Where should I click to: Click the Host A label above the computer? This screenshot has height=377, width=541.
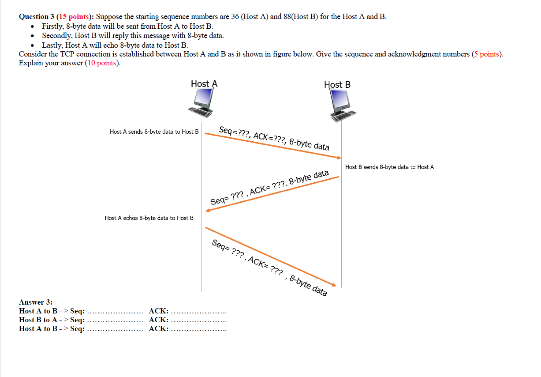(x=204, y=84)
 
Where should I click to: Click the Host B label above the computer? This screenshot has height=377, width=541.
(x=337, y=85)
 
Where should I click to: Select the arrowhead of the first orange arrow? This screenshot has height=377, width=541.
(x=339, y=158)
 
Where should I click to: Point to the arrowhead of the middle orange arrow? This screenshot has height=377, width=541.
(x=208, y=211)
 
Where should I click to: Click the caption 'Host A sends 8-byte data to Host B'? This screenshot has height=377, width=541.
(x=154, y=132)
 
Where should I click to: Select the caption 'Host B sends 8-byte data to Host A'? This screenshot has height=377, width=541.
(x=389, y=167)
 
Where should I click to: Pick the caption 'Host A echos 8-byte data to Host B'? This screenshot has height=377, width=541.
(x=149, y=218)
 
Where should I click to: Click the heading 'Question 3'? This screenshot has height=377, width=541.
(x=36, y=17)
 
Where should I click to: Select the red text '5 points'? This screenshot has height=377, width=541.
(x=486, y=54)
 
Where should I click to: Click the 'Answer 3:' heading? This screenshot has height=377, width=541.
(x=36, y=302)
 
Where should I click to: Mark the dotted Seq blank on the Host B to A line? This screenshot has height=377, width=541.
(x=115, y=320)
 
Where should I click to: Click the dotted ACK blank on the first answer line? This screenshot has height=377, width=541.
(x=199, y=312)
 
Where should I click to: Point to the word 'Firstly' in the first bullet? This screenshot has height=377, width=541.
(x=52, y=26)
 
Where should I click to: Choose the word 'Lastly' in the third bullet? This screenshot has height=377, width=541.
(x=52, y=45)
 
